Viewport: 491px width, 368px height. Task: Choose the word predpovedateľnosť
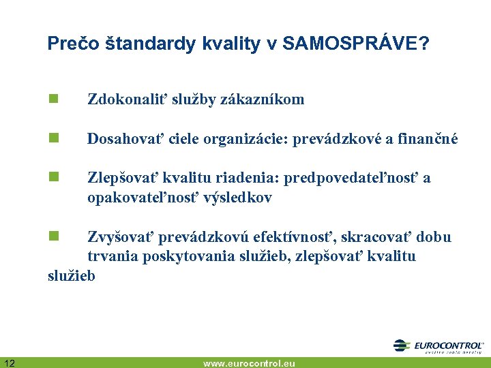coord(352,179)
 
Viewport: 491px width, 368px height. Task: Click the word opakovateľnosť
coord(129,198)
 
